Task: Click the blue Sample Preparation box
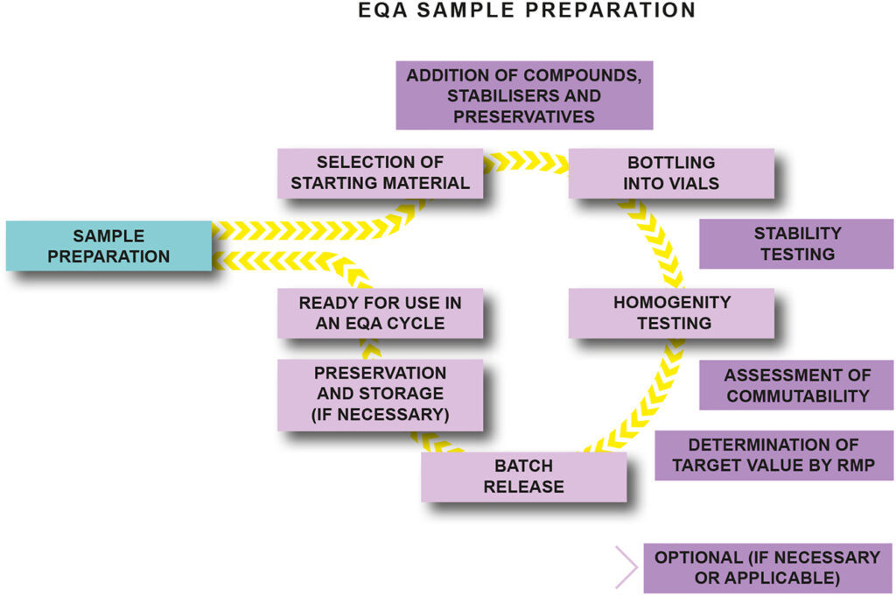pos(108,246)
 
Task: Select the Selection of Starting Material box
pos(380,173)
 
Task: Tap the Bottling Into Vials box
pos(671,173)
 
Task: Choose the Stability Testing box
pos(796,243)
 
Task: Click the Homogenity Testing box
pos(671,313)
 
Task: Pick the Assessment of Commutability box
pos(796,385)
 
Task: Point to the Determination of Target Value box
pos(773,455)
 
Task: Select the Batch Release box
pos(523,477)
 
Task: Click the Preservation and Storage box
pos(380,395)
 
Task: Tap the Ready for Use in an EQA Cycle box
pos(380,313)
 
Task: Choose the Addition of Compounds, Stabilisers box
pos(524,95)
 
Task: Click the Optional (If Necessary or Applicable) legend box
pos(767,568)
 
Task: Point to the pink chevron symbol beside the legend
pos(626,567)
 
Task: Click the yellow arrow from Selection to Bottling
pos(526,161)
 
